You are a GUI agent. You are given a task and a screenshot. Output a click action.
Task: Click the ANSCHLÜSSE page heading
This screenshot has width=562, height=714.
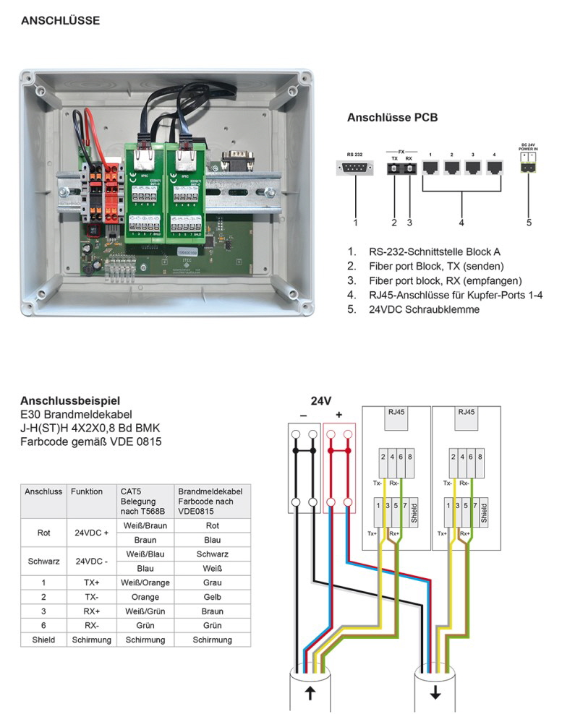pyautogui.click(x=61, y=21)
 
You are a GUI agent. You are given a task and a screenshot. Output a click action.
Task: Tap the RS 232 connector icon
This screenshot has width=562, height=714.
pyautogui.click(x=355, y=168)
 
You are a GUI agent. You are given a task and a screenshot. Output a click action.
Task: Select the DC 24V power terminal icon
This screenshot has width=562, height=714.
pyautogui.click(x=529, y=167)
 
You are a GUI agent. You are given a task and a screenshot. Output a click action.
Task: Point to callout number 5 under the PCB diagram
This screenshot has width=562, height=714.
pyautogui.click(x=529, y=223)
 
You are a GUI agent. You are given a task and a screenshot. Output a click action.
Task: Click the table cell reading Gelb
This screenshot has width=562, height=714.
pyautogui.click(x=213, y=597)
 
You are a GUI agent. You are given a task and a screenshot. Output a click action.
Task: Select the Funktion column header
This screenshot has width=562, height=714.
pyautogui.click(x=87, y=491)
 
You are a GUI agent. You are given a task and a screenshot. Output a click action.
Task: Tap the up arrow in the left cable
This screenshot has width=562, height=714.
pyautogui.click(x=310, y=693)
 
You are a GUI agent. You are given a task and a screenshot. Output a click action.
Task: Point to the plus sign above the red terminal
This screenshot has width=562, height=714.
pyautogui.click(x=339, y=416)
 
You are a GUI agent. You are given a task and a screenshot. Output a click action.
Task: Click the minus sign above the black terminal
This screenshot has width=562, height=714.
pyautogui.click(x=303, y=416)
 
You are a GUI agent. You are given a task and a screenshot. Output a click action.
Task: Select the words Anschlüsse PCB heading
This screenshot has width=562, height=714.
pyautogui.click(x=392, y=117)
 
